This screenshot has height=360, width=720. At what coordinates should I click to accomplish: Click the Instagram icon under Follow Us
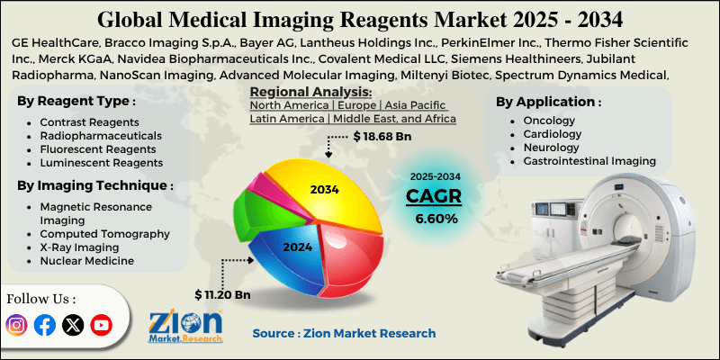[16, 325]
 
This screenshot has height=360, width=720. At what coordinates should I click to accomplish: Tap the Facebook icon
[44, 325]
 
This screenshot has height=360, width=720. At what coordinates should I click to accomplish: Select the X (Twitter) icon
[73, 325]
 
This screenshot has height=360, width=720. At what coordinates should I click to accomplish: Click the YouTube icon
[101, 325]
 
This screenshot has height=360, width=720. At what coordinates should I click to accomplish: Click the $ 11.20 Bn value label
[222, 294]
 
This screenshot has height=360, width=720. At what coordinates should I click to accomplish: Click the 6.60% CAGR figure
[436, 218]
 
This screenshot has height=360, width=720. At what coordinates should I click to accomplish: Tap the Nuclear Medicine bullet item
[86, 260]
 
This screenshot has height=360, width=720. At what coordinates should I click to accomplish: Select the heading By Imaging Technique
[94, 185]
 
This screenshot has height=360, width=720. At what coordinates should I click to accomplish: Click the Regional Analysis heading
[310, 92]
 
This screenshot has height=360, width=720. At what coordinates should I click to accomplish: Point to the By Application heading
[549, 101]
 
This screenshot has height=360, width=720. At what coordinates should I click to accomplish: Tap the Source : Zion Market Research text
[344, 333]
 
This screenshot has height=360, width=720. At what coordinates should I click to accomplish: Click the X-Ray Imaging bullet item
[79, 247]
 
